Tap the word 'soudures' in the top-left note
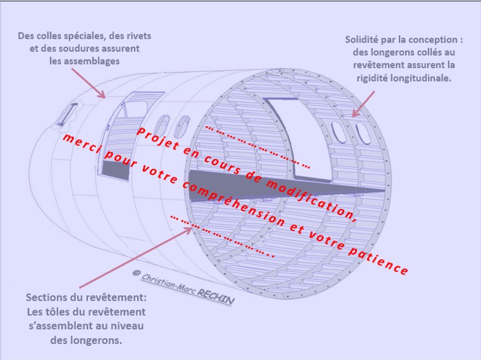pyautogui.click(x=107, y=48)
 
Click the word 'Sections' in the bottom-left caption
pyautogui.click(x=48, y=298)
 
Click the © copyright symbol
pyautogui.click(x=136, y=273)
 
